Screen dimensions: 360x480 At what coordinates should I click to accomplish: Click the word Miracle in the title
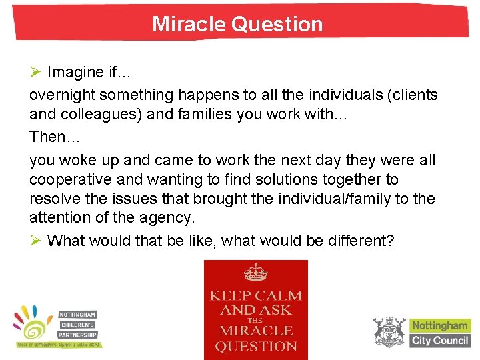(189, 24)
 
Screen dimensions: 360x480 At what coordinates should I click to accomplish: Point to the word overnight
(61, 95)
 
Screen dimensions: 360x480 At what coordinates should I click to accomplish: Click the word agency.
(163, 217)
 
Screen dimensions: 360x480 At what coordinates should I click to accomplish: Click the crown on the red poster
(255, 272)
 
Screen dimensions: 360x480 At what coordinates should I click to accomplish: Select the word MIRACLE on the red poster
(255, 331)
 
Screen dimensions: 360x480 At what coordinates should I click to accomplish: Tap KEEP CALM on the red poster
(255, 295)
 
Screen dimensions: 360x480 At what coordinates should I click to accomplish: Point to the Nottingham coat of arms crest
(389, 331)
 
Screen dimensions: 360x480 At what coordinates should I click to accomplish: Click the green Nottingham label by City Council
(440, 326)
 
